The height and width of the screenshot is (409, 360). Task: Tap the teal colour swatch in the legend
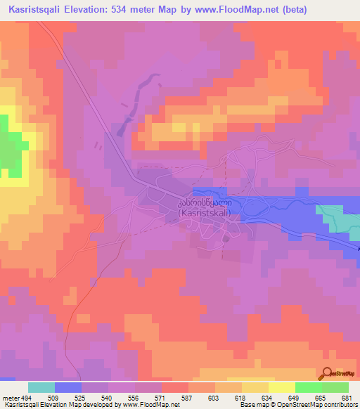41,387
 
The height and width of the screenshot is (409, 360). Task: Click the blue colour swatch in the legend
68,387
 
